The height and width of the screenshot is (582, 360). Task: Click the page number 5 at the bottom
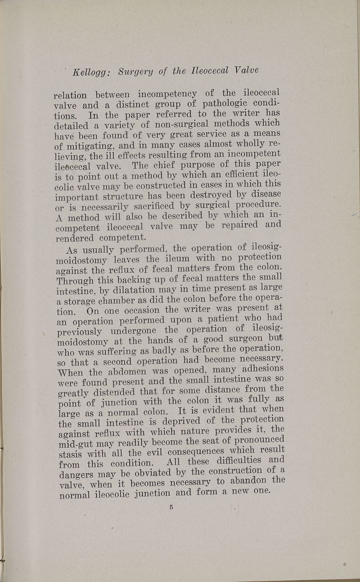171,507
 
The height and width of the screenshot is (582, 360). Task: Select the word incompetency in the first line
167,94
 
